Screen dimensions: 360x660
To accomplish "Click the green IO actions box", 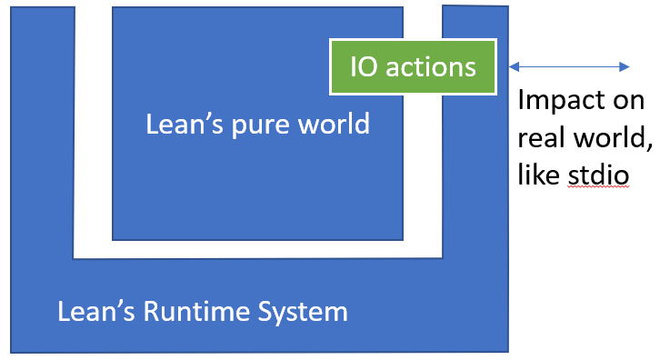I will (414, 66).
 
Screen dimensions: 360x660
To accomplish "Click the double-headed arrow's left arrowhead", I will (515, 66).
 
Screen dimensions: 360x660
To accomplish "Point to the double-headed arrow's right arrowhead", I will (625, 66).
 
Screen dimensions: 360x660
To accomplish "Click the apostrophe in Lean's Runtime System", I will (115, 305).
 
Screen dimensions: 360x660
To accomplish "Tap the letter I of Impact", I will (521, 100).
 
